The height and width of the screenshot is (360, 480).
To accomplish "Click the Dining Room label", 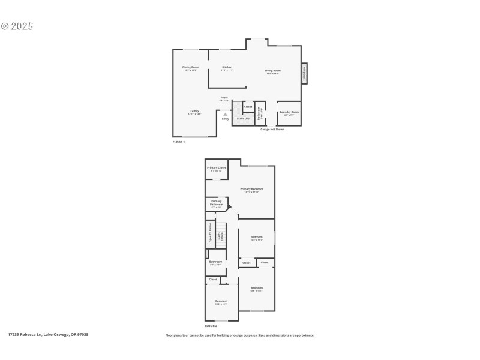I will [191, 67].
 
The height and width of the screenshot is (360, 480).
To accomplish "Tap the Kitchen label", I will [227, 67].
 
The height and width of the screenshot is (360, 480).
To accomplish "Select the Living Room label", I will [274, 71].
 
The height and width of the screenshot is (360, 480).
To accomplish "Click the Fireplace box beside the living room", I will [305, 73].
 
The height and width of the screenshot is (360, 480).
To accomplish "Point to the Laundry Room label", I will [289, 112].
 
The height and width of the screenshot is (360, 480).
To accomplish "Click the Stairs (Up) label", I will [244, 119].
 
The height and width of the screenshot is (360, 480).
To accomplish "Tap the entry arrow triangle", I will [226, 113].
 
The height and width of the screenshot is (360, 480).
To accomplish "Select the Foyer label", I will [224, 97].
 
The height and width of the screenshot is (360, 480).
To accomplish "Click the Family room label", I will [194, 112].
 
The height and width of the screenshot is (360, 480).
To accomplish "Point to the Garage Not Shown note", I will [272, 129].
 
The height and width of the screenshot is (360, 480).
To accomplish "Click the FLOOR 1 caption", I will [179, 142].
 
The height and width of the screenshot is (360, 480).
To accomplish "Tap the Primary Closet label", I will [217, 168].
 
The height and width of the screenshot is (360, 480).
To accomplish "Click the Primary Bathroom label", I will [216, 203].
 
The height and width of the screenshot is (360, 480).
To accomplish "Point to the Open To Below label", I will [210, 232].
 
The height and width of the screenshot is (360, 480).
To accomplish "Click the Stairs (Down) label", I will [220, 236].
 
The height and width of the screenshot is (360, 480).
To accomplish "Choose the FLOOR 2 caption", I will [211, 326].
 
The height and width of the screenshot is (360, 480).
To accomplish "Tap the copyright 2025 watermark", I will [17, 26].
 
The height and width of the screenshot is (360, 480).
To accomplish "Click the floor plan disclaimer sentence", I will [239, 335].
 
